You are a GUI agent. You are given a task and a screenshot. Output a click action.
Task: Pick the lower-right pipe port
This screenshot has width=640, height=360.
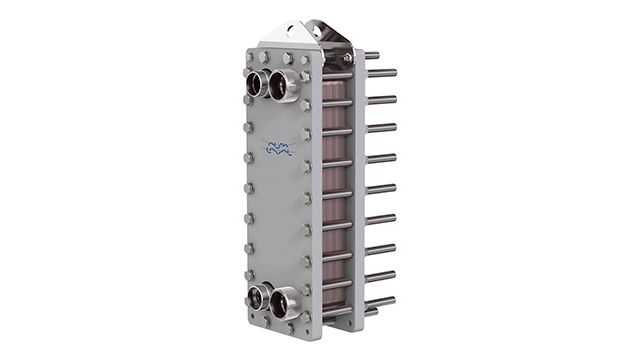click(x=285, y=301)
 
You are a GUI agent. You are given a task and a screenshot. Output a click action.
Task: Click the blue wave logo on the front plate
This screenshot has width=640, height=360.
click(x=279, y=150)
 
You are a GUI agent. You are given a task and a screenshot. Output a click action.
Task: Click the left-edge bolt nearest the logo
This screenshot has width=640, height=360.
click(x=248, y=157)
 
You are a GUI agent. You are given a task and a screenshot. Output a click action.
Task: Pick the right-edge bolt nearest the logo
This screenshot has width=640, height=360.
click(x=306, y=162)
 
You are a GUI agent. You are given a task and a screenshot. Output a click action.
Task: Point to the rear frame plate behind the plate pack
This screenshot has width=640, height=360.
click(x=357, y=180)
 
